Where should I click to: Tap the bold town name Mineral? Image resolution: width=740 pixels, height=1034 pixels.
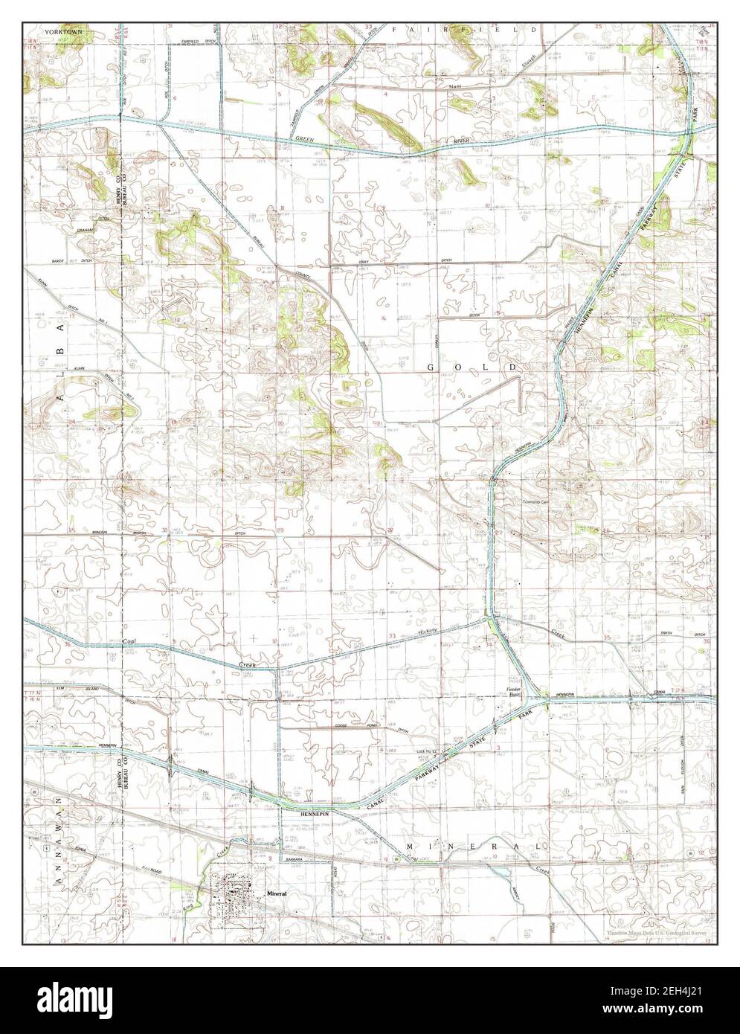pyautogui.click(x=276, y=892)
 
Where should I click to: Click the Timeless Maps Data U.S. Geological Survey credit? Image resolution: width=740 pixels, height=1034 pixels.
pyautogui.click(x=655, y=933)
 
